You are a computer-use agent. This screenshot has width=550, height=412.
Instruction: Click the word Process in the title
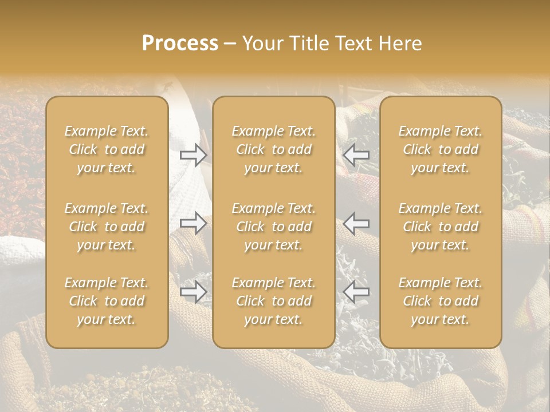(x=180, y=43)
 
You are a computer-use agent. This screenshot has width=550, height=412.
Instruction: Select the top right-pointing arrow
(x=194, y=154)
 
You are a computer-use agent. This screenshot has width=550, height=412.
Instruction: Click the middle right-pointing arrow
(x=194, y=223)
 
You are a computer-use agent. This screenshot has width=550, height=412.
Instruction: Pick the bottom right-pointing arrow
(x=194, y=292)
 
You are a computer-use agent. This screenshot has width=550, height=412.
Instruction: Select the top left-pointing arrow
(x=356, y=154)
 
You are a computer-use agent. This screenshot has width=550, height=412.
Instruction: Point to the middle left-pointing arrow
(x=356, y=223)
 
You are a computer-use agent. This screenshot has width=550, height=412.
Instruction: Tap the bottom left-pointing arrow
(x=356, y=292)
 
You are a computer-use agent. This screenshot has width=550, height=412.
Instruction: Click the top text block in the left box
(x=107, y=149)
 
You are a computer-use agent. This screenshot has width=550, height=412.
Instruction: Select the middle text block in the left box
(x=107, y=227)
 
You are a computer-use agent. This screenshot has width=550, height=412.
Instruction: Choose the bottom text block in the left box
(x=107, y=301)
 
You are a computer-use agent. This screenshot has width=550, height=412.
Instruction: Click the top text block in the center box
(x=274, y=149)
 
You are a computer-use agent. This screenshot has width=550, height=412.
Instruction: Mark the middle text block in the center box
(x=274, y=227)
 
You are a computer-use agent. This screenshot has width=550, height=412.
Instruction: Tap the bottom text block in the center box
(x=274, y=301)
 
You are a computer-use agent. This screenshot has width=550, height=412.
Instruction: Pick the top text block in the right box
(x=441, y=149)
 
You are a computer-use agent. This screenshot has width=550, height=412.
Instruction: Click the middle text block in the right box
(x=441, y=227)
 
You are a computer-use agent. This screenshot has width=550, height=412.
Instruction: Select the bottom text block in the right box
(x=441, y=301)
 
